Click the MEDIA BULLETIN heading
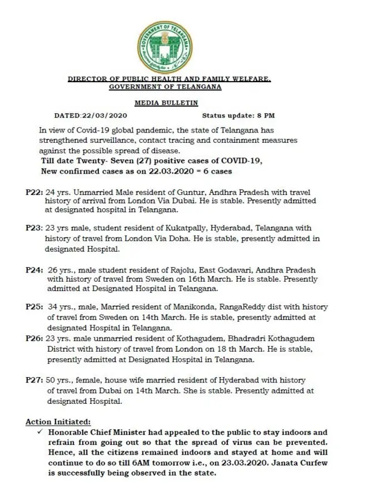tap(166, 102)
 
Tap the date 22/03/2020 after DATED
tap(104, 116)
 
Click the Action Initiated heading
tap(58, 422)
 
